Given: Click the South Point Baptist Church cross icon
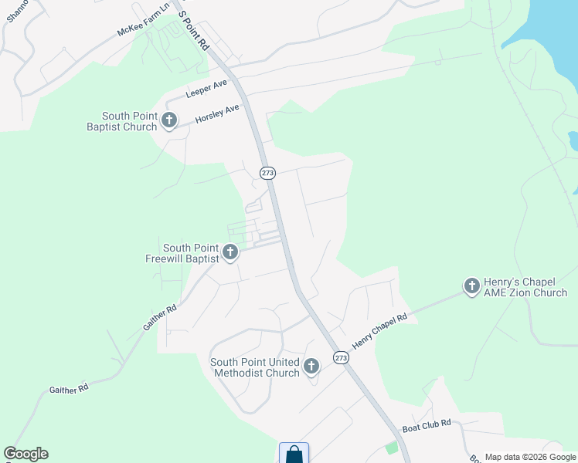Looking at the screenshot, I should click(x=169, y=120).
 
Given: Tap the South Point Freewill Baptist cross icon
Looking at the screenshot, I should click(x=229, y=252).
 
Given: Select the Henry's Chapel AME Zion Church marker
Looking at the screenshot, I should click(x=471, y=286).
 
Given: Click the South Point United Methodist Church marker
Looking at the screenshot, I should click(x=311, y=366).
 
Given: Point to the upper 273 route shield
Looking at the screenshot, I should click(x=267, y=173).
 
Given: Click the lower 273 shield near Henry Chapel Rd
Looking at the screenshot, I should click(x=341, y=357).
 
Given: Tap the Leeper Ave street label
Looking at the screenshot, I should click(x=205, y=92).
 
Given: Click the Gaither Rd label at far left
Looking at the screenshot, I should click(x=68, y=390).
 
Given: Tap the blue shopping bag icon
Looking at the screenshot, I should click(x=294, y=454).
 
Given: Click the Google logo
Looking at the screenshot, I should click(x=26, y=454).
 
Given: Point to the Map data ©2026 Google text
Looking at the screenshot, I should click(x=529, y=457).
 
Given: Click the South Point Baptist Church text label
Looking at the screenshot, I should click(x=121, y=121).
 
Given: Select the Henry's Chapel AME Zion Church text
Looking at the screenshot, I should click(x=525, y=287).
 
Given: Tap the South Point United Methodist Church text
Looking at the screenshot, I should click(x=255, y=367).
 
